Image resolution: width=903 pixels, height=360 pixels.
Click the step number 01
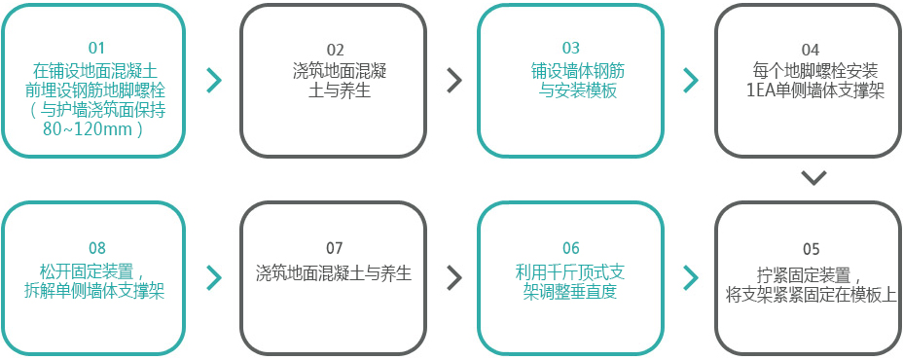(95, 49)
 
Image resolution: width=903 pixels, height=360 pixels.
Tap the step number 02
(334, 50)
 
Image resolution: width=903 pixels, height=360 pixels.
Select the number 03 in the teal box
(570, 49)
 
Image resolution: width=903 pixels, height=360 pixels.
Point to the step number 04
(810, 50)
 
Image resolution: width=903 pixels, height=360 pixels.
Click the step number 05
(810, 248)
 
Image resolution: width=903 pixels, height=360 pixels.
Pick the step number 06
(571, 248)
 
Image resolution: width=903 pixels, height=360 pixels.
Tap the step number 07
(334, 248)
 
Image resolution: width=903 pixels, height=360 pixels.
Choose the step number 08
(96, 248)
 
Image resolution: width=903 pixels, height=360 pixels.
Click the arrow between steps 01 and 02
(215, 81)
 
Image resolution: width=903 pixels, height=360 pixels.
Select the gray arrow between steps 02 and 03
(453, 81)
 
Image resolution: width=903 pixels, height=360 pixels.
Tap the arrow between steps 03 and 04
(691, 81)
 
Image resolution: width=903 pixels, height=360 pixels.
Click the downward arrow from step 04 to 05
(814, 178)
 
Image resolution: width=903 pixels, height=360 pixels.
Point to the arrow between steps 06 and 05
(691, 278)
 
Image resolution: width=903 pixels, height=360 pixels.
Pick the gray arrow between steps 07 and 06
(453, 278)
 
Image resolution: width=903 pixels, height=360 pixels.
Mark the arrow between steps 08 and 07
(215, 278)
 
